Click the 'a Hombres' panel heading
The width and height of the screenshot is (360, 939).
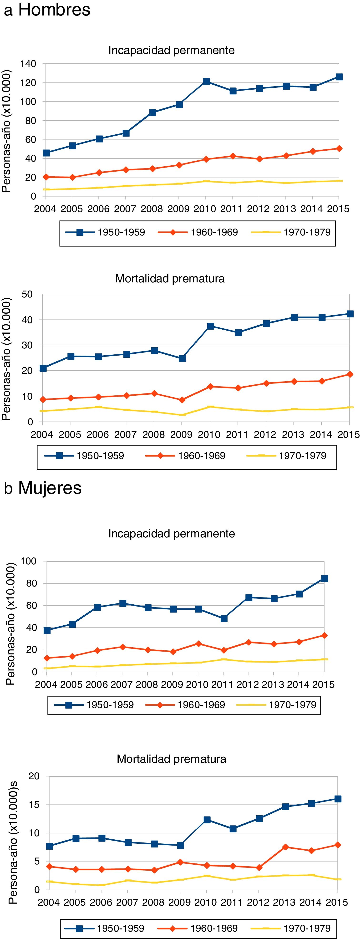[47, 10]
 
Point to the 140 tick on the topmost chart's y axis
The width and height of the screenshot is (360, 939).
[28, 64]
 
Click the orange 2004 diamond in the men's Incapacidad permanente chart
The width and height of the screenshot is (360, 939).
[46, 177]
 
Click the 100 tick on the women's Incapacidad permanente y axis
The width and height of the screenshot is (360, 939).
[28, 561]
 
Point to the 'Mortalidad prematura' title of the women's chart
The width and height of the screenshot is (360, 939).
[171, 759]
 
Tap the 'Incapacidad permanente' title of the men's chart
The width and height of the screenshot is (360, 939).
[171, 50]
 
